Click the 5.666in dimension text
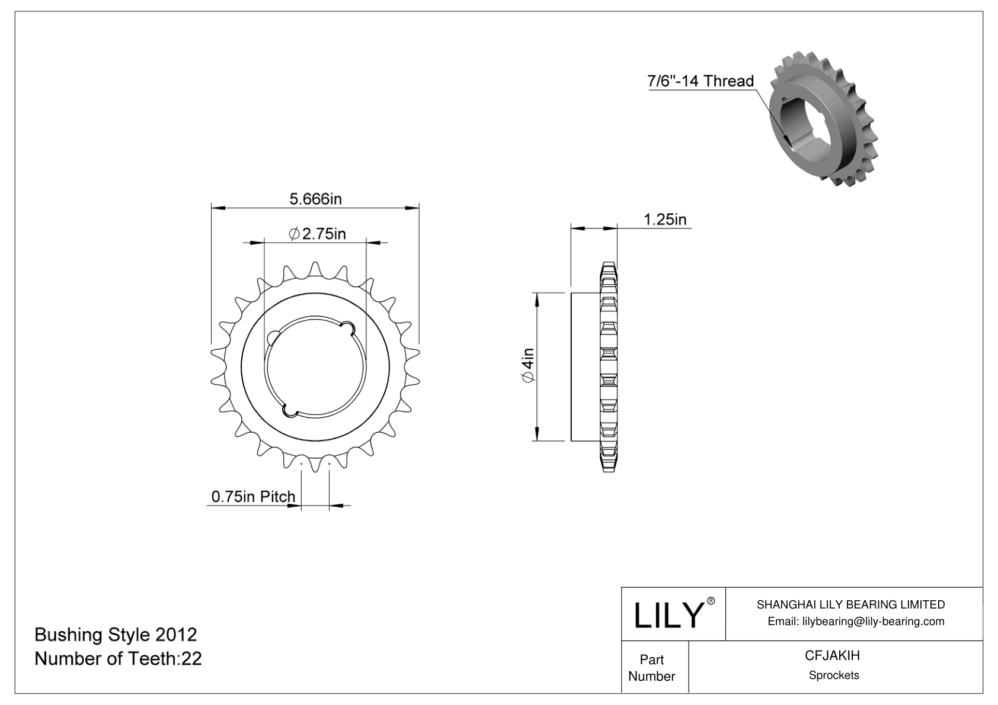pyautogui.click(x=315, y=199)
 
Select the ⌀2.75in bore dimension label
pyautogui.click(x=318, y=234)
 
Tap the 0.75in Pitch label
pyautogui.click(x=253, y=496)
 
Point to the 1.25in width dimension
pyautogui.click(x=665, y=220)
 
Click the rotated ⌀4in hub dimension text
pyautogui.click(x=527, y=366)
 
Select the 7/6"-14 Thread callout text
pyautogui.click(x=700, y=81)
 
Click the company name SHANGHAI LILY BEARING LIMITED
pyautogui.click(x=850, y=604)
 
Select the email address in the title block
pyautogui.click(x=856, y=621)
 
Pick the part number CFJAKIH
pyautogui.click(x=832, y=656)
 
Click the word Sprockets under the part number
pyautogui.click(x=833, y=675)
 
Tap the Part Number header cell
pyautogui.click(x=651, y=668)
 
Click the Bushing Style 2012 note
pyautogui.click(x=116, y=635)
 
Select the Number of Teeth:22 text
pyautogui.click(x=118, y=658)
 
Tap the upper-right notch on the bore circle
pyautogui.click(x=348, y=325)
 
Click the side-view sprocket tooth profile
pyautogui.click(x=609, y=366)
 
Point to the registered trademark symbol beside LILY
pyautogui.click(x=711, y=601)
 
